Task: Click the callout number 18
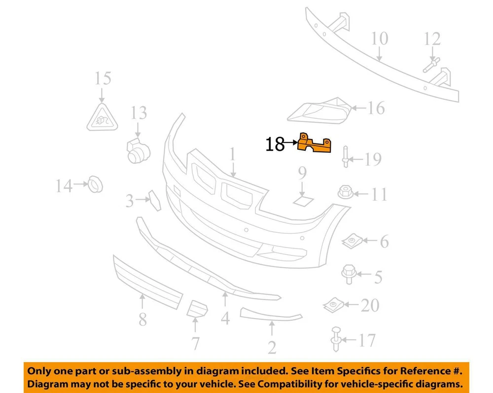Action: pyautogui.click(x=275, y=144)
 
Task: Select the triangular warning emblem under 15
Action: pyautogui.click(x=102, y=117)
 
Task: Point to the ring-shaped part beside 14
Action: pyautogui.click(x=95, y=184)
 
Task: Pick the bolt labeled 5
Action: pyautogui.click(x=349, y=274)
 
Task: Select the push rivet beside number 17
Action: pyautogui.click(x=336, y=339)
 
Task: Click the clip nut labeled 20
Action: pyautogui.click(x=334, y=305)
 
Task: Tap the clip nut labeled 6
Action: pyautogui.click(x=352, y=241)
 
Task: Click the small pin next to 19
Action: pyautogui.click(x=346, y=157)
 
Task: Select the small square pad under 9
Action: pyautogui.click(x=303, y=200)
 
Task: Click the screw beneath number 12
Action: pyautogui.click(x=431, y=65)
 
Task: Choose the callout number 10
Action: pyautogui.click(x=380, y=38)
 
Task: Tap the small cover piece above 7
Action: pyautogui.click(x=197, y=309)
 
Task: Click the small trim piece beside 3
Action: pyautogui.click(x=155, y=200)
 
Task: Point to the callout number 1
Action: pyautogui.click(x=232, y=155)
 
